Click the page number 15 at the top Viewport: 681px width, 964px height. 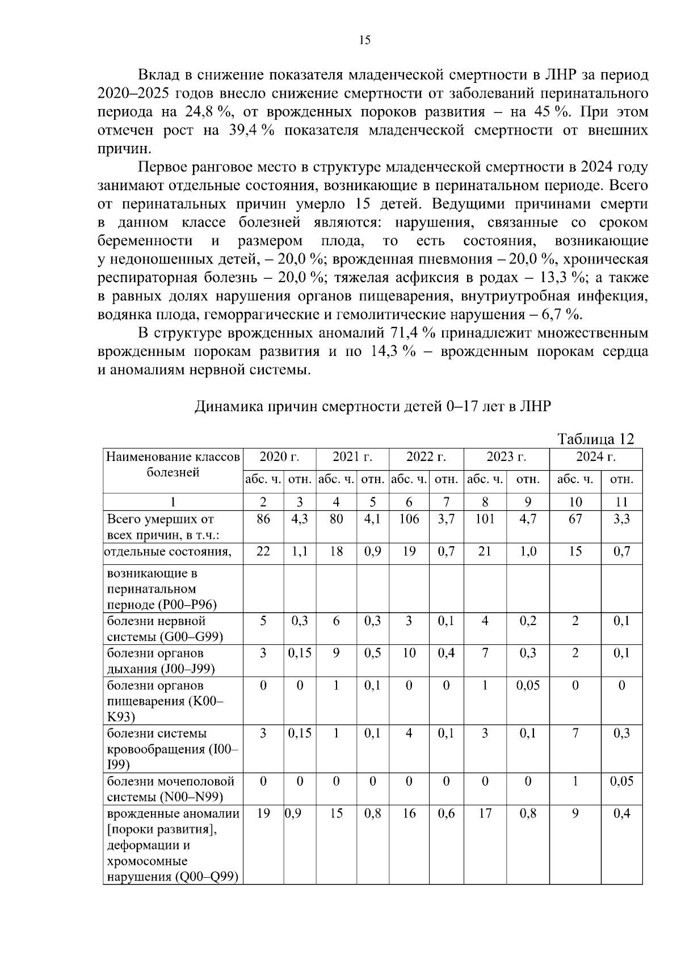(364, 40)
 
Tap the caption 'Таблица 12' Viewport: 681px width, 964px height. (595, 439)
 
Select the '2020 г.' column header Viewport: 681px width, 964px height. (279, 457)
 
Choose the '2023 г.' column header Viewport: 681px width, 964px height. (506, 457)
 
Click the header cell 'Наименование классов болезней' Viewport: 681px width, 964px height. (173, 464)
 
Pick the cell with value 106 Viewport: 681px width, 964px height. (409, 518)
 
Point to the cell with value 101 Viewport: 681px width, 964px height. (485, 518)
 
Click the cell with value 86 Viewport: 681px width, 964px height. (263, 518)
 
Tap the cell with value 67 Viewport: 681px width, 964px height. (575, 518)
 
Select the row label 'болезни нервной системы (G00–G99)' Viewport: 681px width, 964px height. (165, 628)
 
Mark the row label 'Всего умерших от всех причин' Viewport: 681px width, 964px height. (161, 527)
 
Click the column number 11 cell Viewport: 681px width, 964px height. (621, 502)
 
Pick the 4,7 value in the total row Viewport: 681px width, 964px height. (528, 518)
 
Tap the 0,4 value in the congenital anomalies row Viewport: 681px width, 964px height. (621, 814)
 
